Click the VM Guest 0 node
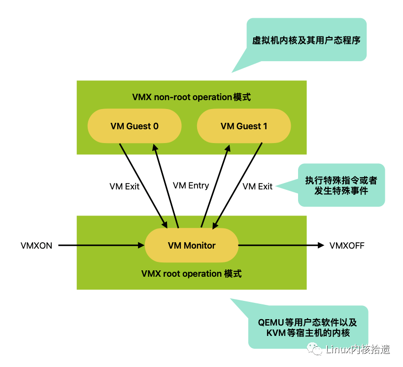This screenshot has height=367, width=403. (x=134, y=126)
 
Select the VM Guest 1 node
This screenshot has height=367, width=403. (x=244, y=126)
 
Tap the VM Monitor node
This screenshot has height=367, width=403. (x=192, y=245)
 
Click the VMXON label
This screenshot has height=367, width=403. (x=36, y=246)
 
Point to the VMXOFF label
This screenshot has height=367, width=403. (x=347, y=246)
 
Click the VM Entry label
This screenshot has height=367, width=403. (x=191, y=185)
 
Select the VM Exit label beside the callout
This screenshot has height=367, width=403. (x=258, y=186)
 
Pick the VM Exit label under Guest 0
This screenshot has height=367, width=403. (x=124, y=186)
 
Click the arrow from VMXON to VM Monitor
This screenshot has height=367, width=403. (x=101, y=245)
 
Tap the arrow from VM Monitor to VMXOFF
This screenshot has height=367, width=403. (x=281, y=245)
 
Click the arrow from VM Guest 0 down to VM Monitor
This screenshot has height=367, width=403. (x=143, y=186)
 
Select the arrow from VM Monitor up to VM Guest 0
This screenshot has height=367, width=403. (x=166, y=186)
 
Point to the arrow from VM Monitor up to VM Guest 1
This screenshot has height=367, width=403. (x=215, y=186)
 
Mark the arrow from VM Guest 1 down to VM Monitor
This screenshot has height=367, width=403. (x=237, y=186)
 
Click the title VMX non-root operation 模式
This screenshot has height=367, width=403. (x=192, y=97)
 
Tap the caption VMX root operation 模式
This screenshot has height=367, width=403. (x=192, y=274)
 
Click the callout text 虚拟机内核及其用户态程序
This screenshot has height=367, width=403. (x=306, y=40)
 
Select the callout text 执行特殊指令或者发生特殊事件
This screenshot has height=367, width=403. (x=341, y=185)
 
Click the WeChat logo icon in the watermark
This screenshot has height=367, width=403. (x=314, y=349)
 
